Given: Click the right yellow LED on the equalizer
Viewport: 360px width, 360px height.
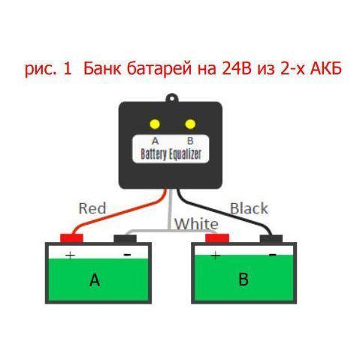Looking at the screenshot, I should click(190, 124).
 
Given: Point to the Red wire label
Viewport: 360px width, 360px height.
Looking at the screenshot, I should click(92, 207).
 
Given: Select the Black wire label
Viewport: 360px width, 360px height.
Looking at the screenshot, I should click(249, 208).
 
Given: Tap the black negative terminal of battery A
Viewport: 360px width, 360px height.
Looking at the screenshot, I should click(124, 240).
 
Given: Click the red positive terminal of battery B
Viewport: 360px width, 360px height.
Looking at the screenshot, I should click(216, 239).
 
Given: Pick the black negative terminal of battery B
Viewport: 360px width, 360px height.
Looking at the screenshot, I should click(271, 240).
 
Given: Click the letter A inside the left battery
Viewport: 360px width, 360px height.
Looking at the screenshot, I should click(95, 280).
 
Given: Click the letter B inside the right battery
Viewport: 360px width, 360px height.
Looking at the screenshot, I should click(243, 280).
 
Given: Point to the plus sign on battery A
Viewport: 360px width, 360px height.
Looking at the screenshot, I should click(71, 256).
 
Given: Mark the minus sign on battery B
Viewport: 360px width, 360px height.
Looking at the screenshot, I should click(271, 256).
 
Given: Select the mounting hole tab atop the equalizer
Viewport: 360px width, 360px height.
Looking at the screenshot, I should click(172, 98).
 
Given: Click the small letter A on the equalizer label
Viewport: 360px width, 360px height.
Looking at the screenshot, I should click(156, 141).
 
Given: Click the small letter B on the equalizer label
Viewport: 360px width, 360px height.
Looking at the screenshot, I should click(189, 141).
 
